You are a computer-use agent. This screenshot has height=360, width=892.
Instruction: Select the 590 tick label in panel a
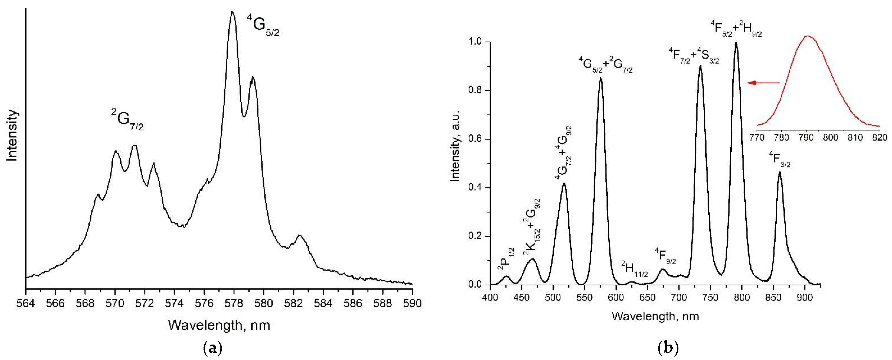(412, 303)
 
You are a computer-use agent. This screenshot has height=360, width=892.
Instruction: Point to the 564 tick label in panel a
(26, 303)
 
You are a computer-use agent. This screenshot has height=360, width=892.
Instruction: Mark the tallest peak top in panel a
(232, 12)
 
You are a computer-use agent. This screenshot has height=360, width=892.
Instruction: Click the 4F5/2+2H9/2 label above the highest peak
(736, 29)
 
